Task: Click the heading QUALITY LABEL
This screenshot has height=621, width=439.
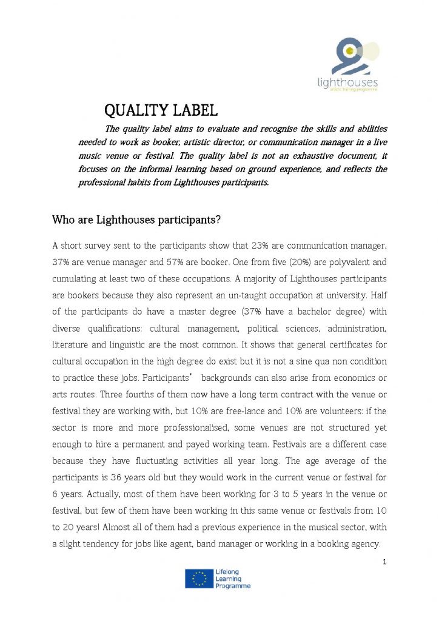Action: [x=161, y=111]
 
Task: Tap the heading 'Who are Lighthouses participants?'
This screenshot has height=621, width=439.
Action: [x=136, y=220]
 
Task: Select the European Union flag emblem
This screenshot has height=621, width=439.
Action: [x=198, y=579]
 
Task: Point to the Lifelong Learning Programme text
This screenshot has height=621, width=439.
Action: [x=232, y=579]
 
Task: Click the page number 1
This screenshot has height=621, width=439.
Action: [x=384, y=562]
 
